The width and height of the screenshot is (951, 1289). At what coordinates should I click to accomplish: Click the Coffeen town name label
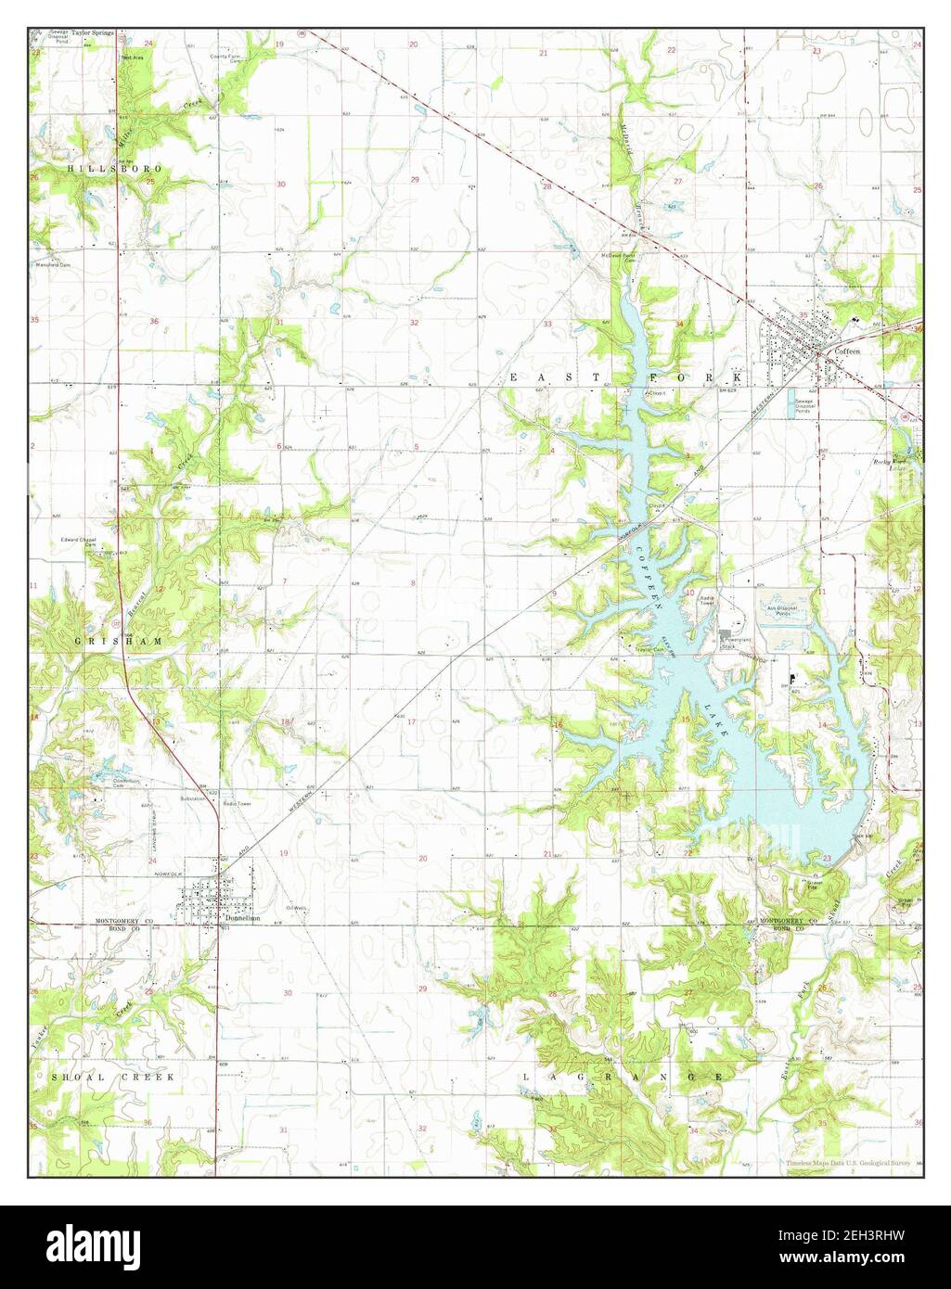click(847, 352)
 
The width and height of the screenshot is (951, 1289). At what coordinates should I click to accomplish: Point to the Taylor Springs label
click(92, 32)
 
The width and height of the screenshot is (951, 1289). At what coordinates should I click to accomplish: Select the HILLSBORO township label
click(114, 169)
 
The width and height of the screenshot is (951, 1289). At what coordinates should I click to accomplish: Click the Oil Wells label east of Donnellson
click(296, 907)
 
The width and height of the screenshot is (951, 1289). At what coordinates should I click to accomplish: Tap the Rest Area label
click(131, 57)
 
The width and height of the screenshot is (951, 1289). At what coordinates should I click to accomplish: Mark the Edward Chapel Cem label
click(80, 542)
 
